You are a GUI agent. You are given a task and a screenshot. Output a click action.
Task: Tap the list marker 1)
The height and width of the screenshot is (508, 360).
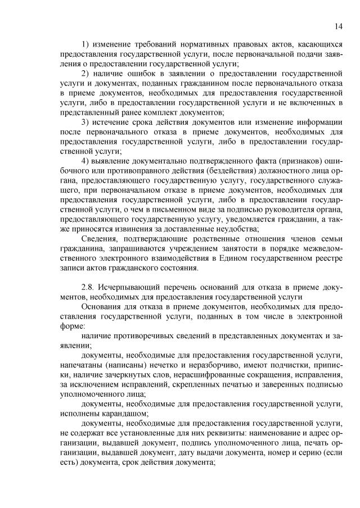(86, 44)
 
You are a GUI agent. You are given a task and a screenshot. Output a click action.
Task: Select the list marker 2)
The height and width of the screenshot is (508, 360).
(86, 73)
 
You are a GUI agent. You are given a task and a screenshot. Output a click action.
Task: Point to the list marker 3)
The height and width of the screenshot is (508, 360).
(86, 122)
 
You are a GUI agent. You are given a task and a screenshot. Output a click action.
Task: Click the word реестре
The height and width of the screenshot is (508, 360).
(328, 258)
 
